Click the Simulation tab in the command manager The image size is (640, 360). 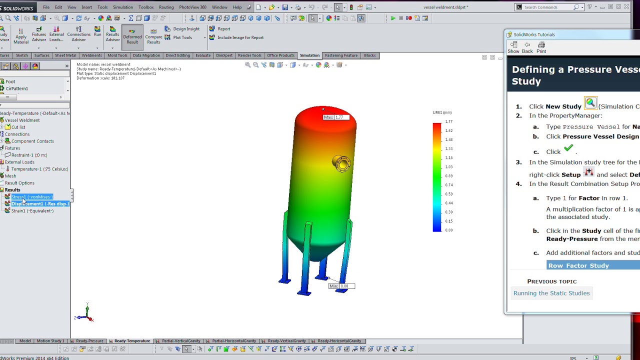pyautogui.click(x=309, y=55)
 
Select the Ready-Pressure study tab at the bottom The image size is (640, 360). pyautogui.click(x=89, y=341)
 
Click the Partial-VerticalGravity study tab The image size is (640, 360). pyautogui.click(x=180, y=341)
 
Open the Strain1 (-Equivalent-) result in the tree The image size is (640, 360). pyautogui.click(x=32, y=211)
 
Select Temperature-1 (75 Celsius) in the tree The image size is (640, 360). pyautogui.click(x=39, y=169)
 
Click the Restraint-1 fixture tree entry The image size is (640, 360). pyautogui.click(x=29, y=155)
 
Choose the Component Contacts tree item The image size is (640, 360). pyautogui.click(x=32, y=141)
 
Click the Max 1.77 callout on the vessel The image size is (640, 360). pyautogui.click(x=336, y=117)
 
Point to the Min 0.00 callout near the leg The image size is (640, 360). pyautogui.click(x=341, y=286)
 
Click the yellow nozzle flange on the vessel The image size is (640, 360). pyautogui.click(x=342, y=163)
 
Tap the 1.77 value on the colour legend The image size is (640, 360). pyautogui.click(x=448, y=121)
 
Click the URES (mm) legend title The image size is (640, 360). pyautogui.click(x=442, y=112)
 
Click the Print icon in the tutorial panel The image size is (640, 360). pyautogui.click(x=541, y=47)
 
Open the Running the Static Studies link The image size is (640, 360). pyautogui.click(x=551, y=293)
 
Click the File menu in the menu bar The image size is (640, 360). pyautogui.click(x=46, y=7)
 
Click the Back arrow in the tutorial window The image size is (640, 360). pyautogui.click(x=527, y=47)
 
